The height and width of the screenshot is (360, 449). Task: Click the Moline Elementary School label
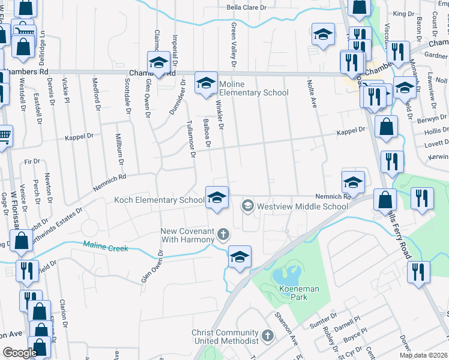pyautogui.click(x=253, y=88)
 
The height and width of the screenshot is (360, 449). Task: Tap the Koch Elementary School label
pyautogui.click(x=158, y=200)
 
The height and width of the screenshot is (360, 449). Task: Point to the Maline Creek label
pyautogui.click(x=105, y=245)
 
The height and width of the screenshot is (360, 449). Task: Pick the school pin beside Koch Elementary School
pyautogui.click(x=217, y=197)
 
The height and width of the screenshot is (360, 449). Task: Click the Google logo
pyautogui.click(x=20, y=353)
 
